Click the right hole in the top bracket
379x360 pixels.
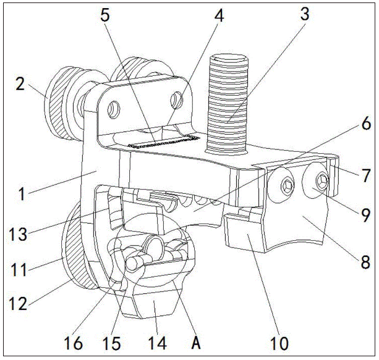click(x=178, y=99)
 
